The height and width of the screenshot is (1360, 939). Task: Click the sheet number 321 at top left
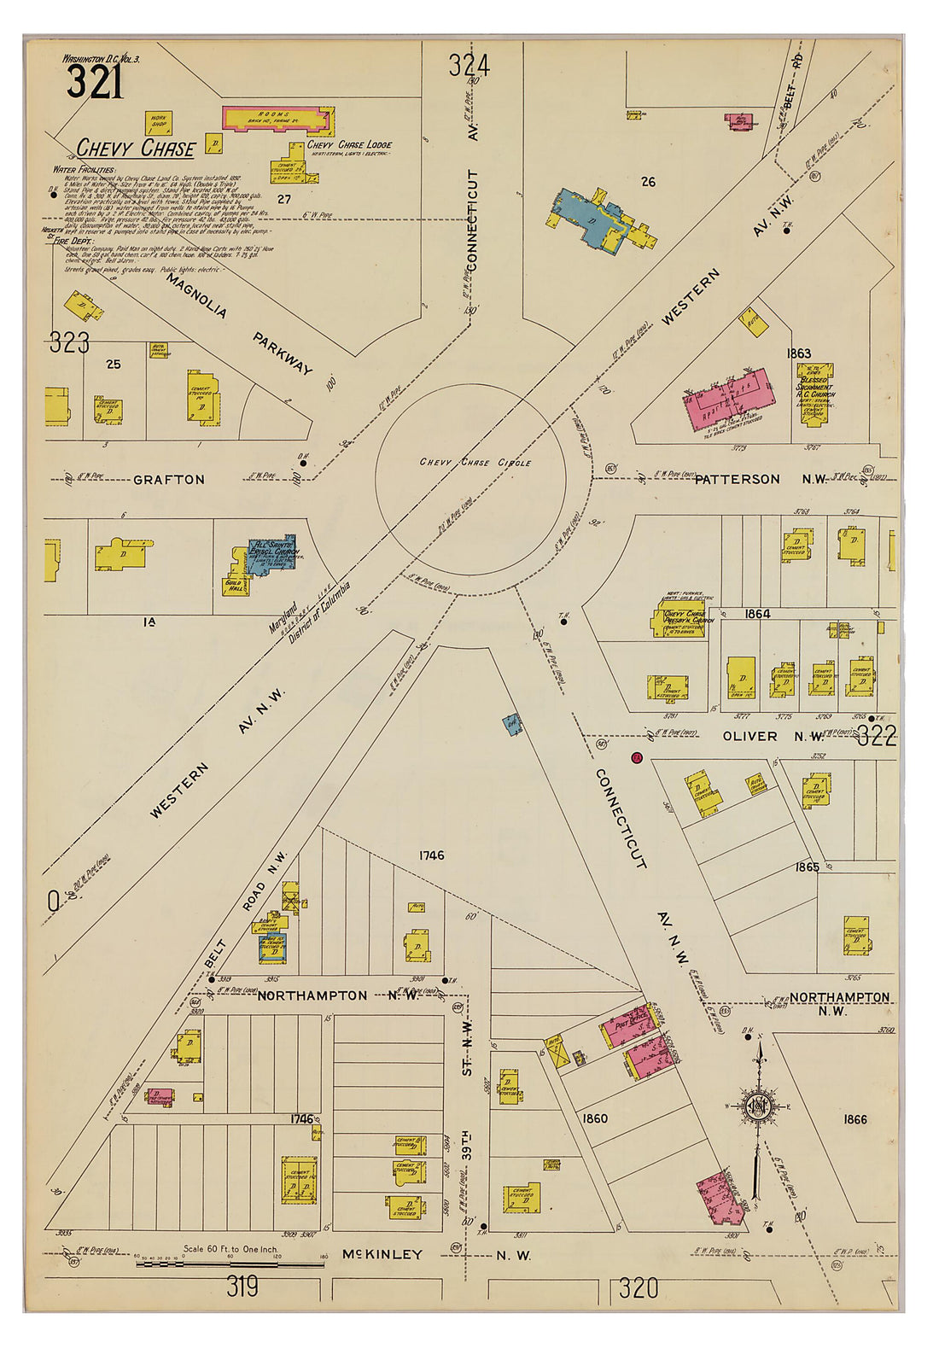point(95,84)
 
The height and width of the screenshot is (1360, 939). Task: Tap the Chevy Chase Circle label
point(475,463)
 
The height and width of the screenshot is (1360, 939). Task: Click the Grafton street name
point(169,480)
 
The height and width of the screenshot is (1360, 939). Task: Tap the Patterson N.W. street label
point(760,479)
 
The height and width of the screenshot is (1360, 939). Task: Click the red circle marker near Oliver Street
point(636,757)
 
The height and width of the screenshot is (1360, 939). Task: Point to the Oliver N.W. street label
point(773,736)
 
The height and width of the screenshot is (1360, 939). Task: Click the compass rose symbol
point(756,1107)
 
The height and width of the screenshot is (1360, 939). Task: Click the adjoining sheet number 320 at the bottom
point(639,1287)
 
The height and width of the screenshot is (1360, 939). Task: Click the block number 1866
point(854,1119)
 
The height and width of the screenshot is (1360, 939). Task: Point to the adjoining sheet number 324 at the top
point(469,66)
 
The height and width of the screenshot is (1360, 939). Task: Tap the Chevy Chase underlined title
point(137,149)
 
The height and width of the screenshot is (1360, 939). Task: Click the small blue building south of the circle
point(512,724)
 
